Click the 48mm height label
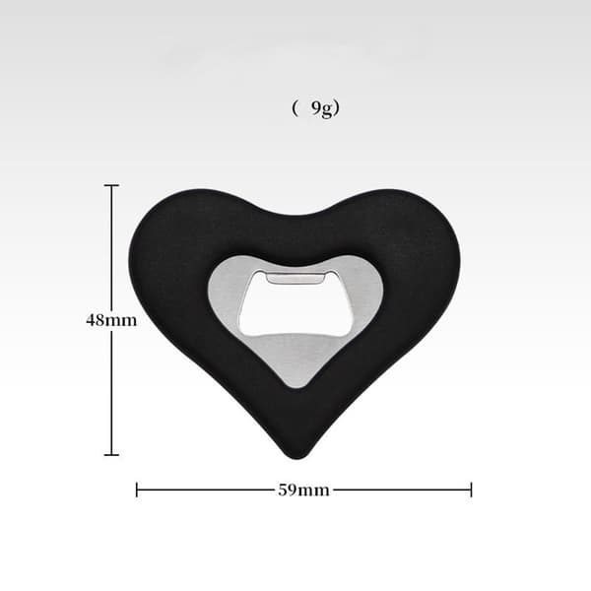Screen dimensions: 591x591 111,320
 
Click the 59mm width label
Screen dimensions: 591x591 303,490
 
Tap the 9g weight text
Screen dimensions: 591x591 322,108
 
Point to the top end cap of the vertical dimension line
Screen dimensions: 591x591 111,185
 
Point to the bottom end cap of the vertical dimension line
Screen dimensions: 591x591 111,455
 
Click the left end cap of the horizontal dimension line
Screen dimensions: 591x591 137,490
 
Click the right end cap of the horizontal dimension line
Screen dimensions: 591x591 471,490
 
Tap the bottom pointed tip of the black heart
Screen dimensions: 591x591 297,457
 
